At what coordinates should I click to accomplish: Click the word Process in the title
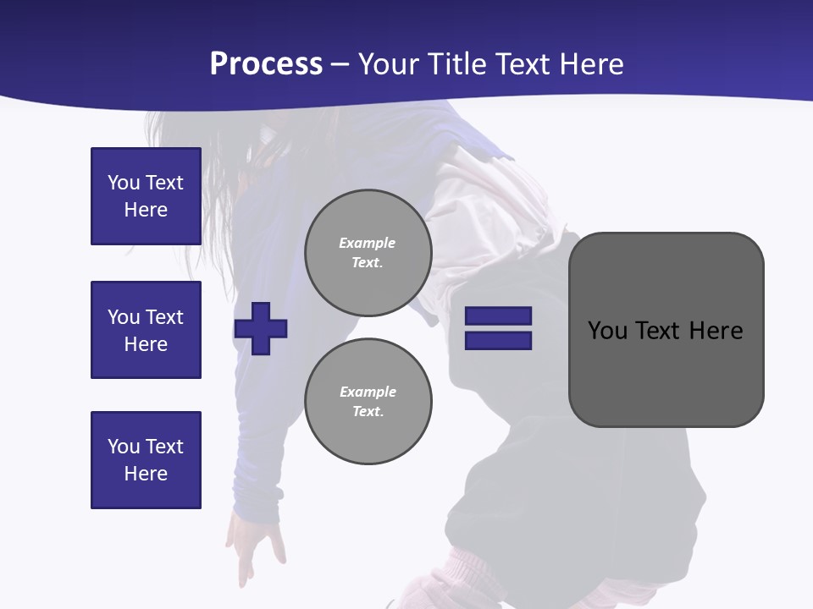pos(266,64)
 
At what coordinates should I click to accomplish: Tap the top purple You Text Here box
pos(146,196)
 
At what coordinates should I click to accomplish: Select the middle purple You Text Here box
pos(146,330)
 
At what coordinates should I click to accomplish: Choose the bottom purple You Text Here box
pos(146,460)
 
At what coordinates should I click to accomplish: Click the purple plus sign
pos(261,328)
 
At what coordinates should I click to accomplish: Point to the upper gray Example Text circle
pos(368,252)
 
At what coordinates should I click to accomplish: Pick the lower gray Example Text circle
pos(368,401)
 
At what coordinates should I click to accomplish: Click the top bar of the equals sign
pos(498,316)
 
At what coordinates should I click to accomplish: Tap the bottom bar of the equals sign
pos(498,341)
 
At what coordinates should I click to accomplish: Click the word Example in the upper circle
pos(368,243)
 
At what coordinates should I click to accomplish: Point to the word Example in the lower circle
pos(368,392)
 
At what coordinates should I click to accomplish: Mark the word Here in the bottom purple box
pos(146,474)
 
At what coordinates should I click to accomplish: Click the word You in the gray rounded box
pos(607,331)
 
